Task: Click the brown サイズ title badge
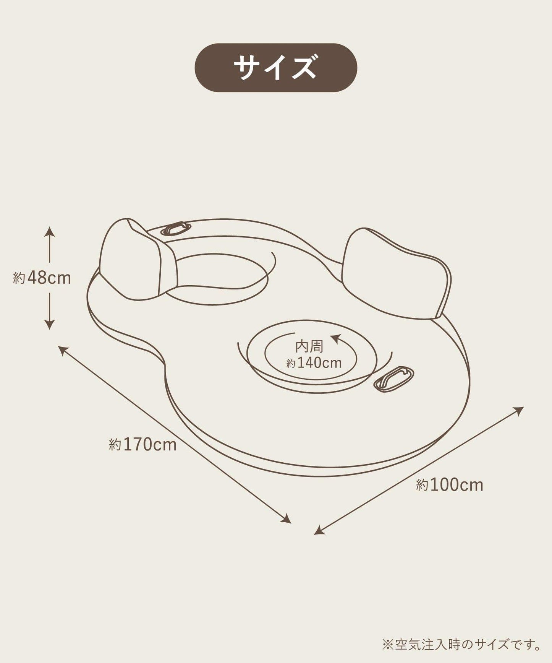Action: point(276,68)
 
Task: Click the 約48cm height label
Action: point(42,278)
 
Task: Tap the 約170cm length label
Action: point(143,444)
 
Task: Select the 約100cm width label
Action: point(450,485)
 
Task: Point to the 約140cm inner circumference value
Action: point(314,362)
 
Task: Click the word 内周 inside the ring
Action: point(309,346)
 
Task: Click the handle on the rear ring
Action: point(175,229)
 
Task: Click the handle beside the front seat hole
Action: point(393,379)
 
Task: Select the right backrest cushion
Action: point(397,273)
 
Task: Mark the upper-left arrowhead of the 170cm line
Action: point(63,350)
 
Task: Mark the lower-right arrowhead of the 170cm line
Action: point(286,518)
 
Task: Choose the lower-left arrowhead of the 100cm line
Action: point(319,530)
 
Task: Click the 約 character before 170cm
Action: point(115,445)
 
